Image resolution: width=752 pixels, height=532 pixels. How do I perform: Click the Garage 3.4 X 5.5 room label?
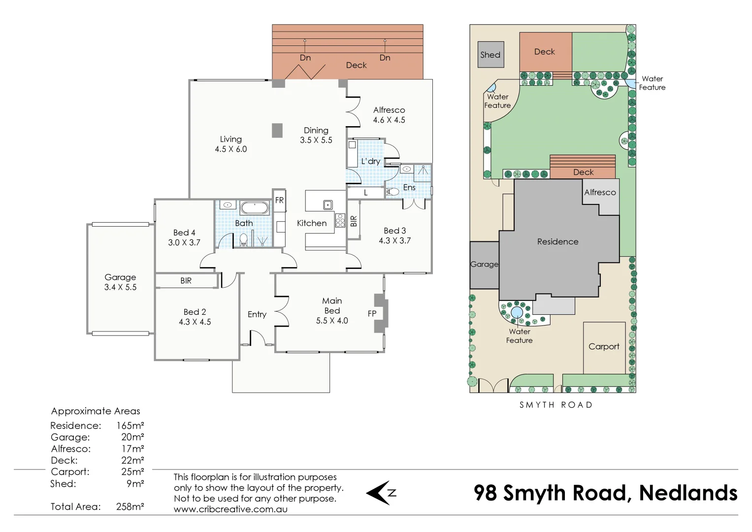(120, 282)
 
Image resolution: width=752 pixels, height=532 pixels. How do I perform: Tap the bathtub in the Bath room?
(255, 208)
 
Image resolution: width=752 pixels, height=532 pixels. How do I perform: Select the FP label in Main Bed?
(372, 313)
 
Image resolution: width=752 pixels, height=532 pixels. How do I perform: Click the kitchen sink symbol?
(327, 204)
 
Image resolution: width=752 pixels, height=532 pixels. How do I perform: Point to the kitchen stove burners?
(340, 220)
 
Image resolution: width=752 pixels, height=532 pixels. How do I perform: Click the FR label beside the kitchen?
(279, 200)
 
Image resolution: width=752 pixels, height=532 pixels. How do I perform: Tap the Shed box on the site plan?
(490, 55)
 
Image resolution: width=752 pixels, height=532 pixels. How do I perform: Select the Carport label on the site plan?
(604, 346)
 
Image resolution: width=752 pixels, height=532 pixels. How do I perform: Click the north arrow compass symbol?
(381, 493)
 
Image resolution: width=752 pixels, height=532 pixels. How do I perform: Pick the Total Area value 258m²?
(130, 506)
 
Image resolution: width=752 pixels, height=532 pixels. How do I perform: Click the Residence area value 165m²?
(130, 426)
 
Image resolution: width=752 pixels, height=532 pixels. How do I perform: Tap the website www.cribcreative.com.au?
(230, 509)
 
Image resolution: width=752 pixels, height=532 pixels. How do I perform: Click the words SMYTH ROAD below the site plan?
(556, 405)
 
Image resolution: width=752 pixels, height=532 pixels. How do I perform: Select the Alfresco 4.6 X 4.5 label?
(389, 115)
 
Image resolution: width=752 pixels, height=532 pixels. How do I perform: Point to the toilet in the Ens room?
(392, 192)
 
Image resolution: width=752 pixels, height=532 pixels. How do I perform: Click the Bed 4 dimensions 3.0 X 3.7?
(184, 242)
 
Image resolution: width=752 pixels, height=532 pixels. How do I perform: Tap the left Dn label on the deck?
(305, 58)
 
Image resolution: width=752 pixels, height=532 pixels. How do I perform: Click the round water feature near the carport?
(517, 312)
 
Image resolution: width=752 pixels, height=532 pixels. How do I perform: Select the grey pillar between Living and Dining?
(277, 130)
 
